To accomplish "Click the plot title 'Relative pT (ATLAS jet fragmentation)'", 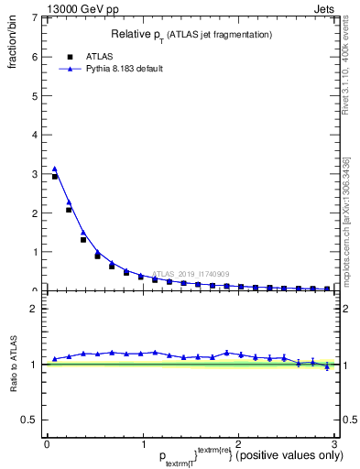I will pyautogui.click(x=191, y=34).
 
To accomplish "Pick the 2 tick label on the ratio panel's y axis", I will pyautogui.click(x=34, y=309).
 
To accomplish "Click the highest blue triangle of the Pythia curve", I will pyautogui.click(x=55, y=169).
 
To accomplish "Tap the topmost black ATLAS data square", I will pyautogui.click(x=55, y=176).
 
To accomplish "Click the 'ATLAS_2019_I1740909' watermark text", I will pyautogui.click(x=192, y=274).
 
